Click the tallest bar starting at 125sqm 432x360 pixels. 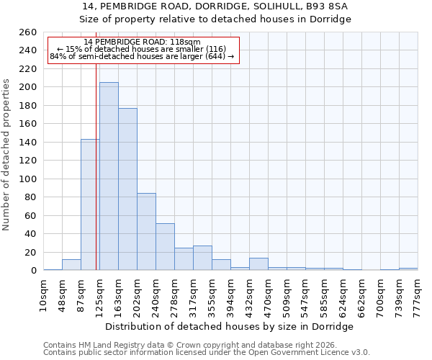109,176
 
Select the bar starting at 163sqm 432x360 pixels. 127,189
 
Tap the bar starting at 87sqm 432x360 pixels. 90,204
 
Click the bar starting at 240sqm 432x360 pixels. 165,247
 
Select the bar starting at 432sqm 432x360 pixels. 258,264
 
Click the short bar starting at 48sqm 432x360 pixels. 71,265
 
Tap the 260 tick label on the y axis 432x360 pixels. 27,32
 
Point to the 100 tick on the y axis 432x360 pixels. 27,179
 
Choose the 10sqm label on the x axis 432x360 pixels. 43,293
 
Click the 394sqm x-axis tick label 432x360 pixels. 230,293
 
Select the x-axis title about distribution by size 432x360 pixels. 230,326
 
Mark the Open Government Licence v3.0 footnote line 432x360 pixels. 207,353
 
